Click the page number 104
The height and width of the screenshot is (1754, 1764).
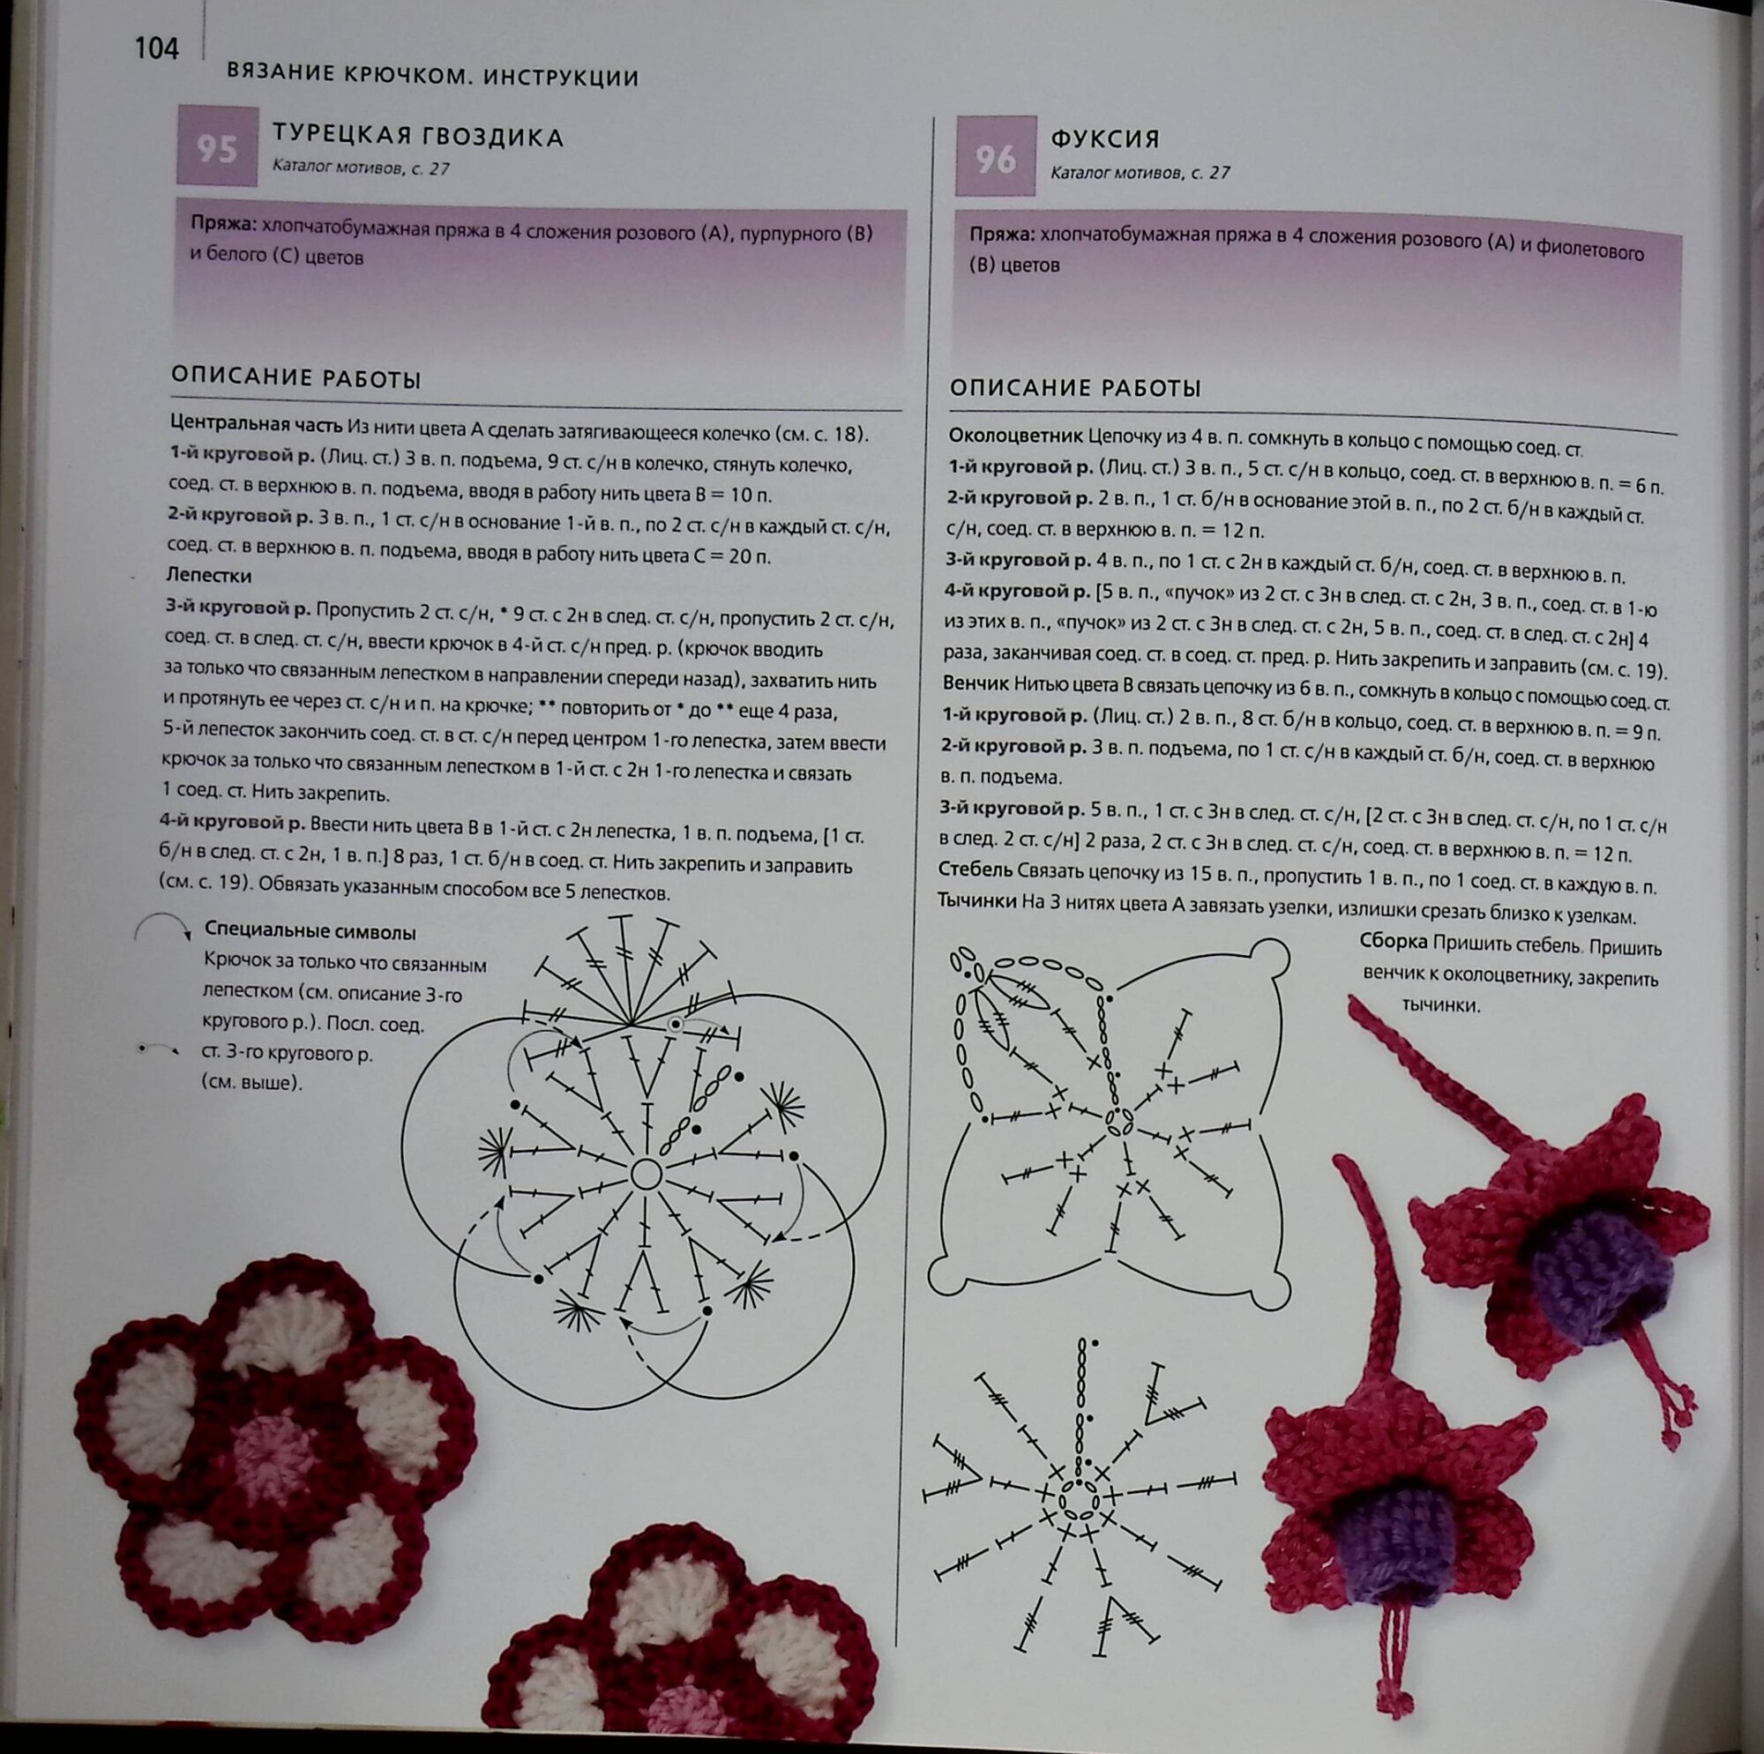pos(156,48)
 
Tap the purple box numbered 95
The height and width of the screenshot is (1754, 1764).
pos(217,146)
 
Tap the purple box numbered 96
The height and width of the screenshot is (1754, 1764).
pos(995,156)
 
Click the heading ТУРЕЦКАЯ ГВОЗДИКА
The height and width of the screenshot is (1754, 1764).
pos(417,137)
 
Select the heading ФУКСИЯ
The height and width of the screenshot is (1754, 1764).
pos(1105,139)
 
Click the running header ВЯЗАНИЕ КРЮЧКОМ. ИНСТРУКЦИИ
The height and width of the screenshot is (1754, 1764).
pos(433,77)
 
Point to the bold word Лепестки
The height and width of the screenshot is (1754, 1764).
pos(209,576)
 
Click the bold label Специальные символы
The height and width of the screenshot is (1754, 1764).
pos(310,932)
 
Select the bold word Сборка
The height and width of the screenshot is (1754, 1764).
pos(1394,941)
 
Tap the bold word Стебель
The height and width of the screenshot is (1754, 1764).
pos(975,870)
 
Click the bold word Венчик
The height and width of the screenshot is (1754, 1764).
pos(976,683)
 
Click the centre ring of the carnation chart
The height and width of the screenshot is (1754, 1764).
pos(647,1173)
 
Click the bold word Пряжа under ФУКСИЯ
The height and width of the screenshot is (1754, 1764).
pos(1002,235)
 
